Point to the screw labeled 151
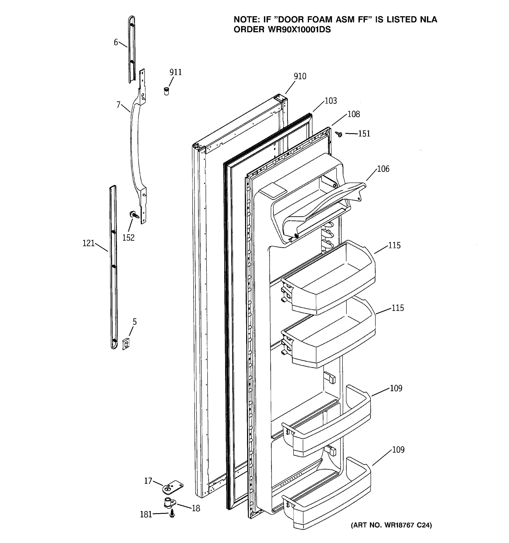(339, 134)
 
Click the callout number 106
(383, 169)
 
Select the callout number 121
(88, 243)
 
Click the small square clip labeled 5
(126, 344)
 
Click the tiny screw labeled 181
(172, 514)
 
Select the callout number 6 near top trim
(116, 42)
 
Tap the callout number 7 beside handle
(118, 105)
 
